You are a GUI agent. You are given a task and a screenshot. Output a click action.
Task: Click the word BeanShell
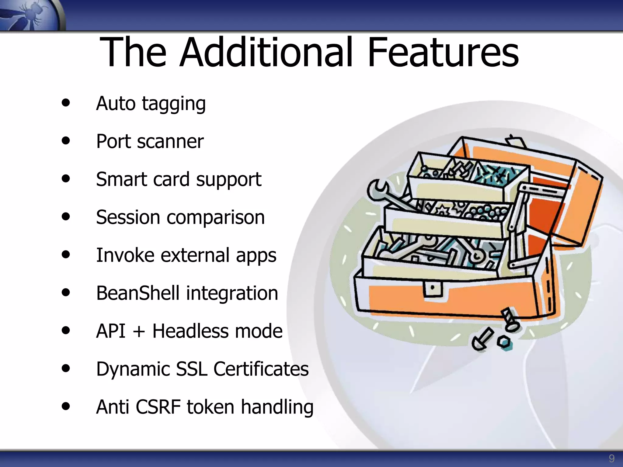click(138, 293)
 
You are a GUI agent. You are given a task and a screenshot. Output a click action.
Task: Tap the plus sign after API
click(139, 331)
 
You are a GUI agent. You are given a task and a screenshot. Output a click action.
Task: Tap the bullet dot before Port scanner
click(65, 141)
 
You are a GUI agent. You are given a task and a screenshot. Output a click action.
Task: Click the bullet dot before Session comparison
click(65, 216)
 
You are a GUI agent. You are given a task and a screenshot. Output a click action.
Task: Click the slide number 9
click(611, 458)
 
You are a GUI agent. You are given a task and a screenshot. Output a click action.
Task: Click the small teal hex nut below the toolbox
click(505, 343)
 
